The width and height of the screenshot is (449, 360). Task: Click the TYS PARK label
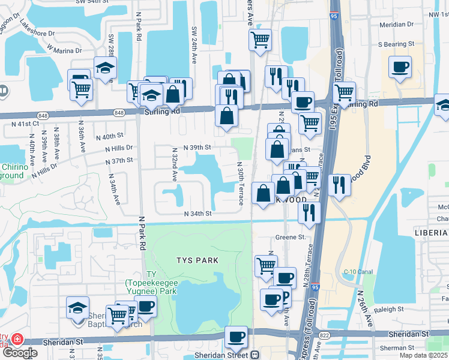pos(197,260)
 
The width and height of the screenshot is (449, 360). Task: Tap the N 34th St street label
pos(198,214)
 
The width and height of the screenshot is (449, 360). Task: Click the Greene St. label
pos(291,237)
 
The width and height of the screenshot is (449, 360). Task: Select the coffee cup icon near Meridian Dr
pos(400,67)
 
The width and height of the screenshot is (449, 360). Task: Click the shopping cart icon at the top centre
pos(260,40)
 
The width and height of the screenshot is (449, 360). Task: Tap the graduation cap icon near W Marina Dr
pos(105,68)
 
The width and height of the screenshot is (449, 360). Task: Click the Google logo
pos(20,353)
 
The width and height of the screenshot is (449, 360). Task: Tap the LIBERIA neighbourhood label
pos(431,232)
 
